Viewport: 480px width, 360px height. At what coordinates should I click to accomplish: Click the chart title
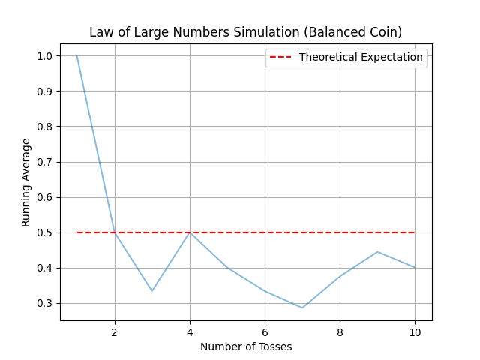245,32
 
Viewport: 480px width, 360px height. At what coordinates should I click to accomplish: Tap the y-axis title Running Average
26,182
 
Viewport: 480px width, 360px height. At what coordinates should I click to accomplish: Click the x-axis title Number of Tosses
246,346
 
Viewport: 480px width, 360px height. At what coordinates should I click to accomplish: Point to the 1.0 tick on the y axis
46,56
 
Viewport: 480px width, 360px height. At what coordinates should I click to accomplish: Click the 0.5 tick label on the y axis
46,232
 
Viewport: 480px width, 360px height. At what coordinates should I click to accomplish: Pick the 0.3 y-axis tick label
46,303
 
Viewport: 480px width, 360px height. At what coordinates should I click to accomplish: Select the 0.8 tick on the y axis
46,127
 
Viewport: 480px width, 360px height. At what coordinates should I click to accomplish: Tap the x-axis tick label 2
115,331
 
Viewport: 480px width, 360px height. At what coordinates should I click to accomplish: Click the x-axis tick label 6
265,331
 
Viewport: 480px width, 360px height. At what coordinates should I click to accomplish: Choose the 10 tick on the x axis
415,331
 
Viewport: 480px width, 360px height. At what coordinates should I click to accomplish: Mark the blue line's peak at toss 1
77,55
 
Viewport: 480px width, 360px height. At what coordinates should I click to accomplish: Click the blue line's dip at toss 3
152,291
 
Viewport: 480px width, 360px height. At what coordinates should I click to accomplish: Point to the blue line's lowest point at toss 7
302,307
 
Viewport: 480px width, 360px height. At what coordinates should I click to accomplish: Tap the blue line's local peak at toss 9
377,251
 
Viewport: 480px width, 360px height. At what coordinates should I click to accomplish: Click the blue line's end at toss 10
415,268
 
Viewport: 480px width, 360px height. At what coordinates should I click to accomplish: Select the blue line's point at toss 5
227,268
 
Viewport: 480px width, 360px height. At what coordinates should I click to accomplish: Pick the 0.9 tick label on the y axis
46,91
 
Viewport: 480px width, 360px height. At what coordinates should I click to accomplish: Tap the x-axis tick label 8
340,331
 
